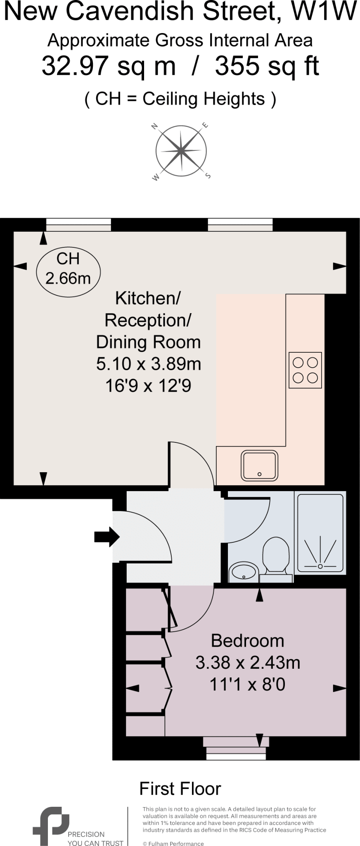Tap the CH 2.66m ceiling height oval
pos(68,269)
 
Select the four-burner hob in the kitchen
pos(305,370)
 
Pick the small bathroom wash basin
pos(243,571)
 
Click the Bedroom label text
pos(247,641)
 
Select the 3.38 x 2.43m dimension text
pos(247,663)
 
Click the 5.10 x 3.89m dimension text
pos(148,364)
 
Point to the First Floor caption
pos(180,789)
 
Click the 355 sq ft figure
pos(267,66)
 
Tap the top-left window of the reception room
pos(78,225)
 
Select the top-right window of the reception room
pos(240,225)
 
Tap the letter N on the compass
pos(156,127)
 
